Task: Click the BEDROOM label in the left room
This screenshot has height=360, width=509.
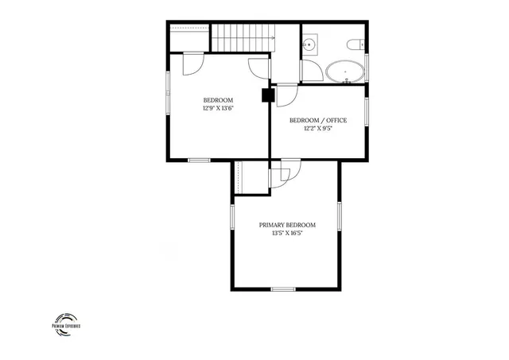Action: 218,100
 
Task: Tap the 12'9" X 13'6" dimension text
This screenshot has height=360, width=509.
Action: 218,109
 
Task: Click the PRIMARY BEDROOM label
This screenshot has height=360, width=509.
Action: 287,225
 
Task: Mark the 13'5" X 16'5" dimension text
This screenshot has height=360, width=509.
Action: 287,234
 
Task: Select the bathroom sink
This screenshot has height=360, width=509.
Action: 310,45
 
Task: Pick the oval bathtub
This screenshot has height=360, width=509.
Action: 347,71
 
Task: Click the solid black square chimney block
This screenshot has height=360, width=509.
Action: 268,95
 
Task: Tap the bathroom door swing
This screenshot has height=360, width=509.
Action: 313,72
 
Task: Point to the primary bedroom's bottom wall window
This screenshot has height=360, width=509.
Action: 283,288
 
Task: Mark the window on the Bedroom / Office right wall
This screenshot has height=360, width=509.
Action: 366,111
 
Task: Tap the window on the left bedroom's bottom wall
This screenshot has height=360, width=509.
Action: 199,161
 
